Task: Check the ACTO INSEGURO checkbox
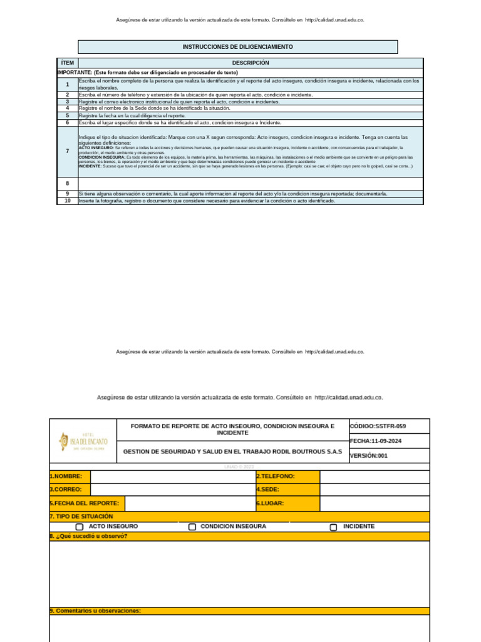point(80,527)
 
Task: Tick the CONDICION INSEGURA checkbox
point(193,527)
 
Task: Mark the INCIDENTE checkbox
point(334,527)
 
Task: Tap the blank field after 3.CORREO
point(172,490)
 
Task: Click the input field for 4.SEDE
point(375,490)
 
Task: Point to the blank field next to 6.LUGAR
point(375,503)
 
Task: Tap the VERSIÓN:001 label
point(369,456)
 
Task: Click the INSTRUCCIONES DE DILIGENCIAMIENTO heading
point(237,47)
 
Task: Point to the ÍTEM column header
point(67,63)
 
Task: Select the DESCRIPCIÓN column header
point(251,63)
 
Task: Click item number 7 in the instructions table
point(67,151)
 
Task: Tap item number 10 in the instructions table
point(67,201)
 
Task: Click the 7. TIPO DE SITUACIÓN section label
point(78,516)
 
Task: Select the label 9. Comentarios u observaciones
point(95,611)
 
